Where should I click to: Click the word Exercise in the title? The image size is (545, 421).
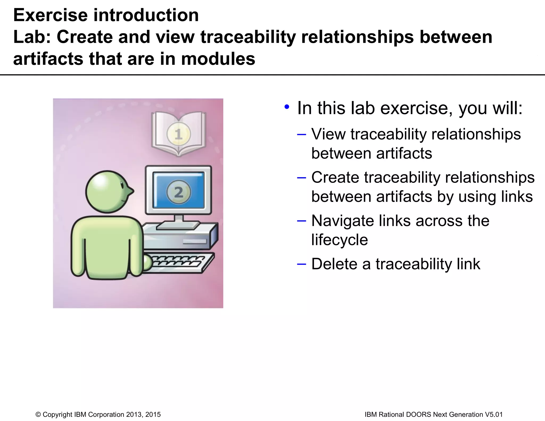[x=50, y=15]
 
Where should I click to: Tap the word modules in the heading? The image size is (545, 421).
[x=218, y=59]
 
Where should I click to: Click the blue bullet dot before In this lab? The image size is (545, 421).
[x=287, y=107]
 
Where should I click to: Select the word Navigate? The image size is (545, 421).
[x=342, y=221]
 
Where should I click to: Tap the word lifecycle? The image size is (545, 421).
[x=340, y=240]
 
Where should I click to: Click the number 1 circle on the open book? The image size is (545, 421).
[x=178, y=134]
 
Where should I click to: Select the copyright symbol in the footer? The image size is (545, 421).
[x=38, y=414]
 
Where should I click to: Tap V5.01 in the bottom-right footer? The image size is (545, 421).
[x=494, y=414]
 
